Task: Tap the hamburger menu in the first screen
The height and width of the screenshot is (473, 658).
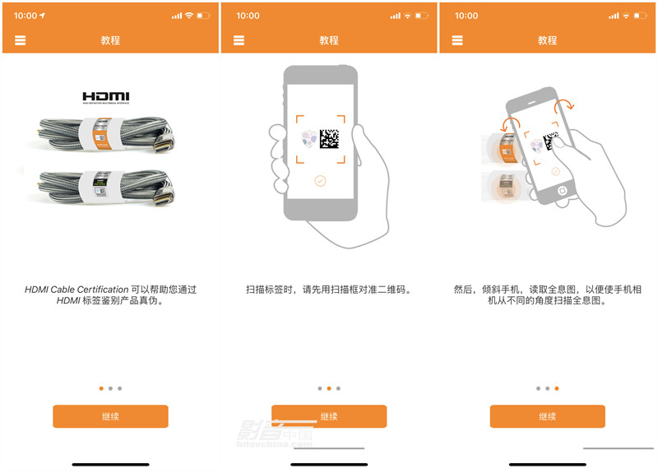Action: pos(21,40)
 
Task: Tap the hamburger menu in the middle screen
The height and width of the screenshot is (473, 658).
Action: pos(239,40)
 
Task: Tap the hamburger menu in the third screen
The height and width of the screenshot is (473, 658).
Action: pos(457,40)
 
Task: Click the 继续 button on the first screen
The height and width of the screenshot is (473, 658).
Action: pos(110,416)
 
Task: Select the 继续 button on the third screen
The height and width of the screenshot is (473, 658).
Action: pos(547,416)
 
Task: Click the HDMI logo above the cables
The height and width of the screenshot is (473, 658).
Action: pos(106,97)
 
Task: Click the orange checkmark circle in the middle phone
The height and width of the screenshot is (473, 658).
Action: pos(320,181)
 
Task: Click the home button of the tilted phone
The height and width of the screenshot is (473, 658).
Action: pos(561,190)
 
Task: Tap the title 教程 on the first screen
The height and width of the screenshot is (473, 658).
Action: pos(110,40)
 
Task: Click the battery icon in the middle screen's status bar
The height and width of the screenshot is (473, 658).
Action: pos(422,16)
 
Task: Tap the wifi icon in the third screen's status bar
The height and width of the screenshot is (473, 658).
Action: pos(627,16)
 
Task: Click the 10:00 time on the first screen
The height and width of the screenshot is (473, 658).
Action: pos(25,16)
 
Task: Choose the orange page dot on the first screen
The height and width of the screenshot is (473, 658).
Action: pos(101,388)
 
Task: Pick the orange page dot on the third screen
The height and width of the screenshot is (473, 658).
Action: pos(557,388)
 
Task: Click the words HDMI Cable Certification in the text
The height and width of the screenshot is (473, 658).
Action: pos(76,290)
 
